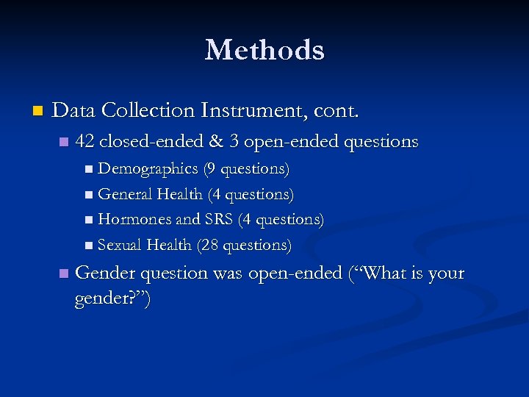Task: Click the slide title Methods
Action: [x=264, y=50]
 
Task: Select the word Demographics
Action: [x=148, y=169]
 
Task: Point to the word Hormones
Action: [x=132, y=219]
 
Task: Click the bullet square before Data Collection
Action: [x=38, y=112]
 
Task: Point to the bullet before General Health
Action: [x=89, y=195]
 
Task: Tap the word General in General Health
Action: [x=122, y=194]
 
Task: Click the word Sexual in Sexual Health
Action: [x=120, y=244]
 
